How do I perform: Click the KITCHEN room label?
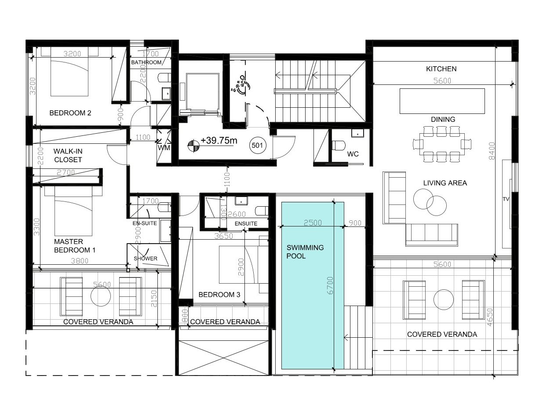point(441,69)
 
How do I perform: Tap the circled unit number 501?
point(257,145)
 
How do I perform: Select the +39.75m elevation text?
point(219,141)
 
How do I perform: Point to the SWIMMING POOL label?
point(305,252)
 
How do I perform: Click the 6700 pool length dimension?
point(331,285)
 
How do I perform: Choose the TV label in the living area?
point(506,199)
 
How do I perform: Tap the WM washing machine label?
point(164,148)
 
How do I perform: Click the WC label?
point(353,154)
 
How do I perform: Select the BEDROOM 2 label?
point(70,113)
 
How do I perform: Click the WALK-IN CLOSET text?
point(68,155)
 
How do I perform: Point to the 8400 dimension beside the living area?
point(492,151)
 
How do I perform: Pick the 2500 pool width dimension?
point(313,223)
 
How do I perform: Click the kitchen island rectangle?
point(442,101)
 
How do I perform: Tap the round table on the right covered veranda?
point(444,299)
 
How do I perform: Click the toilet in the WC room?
point(338,145)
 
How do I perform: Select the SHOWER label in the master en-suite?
point(146,259)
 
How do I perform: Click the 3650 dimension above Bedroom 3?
point(224,236)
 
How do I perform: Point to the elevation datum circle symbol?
point(193,146)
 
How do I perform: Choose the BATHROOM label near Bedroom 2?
point(146,62)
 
